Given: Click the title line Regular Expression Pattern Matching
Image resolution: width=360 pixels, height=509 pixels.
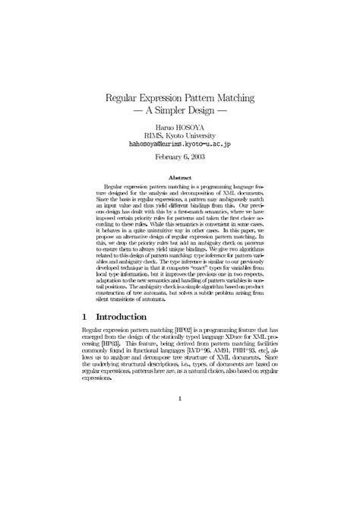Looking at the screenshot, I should coord(179,98).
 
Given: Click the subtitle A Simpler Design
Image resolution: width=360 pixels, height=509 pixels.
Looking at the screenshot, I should coord(179,111).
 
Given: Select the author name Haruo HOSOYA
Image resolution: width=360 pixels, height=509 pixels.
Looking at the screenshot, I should coord(179,127).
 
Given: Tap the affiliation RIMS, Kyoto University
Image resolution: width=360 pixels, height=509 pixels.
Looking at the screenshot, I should coord(179,135).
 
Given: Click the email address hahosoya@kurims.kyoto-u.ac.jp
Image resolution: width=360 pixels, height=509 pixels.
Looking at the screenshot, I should coord(179,144).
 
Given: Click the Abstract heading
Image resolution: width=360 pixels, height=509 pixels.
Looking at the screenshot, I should coord(179,176).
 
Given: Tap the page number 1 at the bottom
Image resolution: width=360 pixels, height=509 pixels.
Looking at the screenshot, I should coord(179,418).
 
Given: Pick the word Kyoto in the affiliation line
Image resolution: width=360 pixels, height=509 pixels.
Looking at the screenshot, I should coord(175,135).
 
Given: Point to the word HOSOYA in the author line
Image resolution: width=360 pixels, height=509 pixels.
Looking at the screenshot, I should coord(190,127).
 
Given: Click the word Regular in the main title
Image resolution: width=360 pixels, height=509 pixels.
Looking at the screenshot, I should coord(124,98).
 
